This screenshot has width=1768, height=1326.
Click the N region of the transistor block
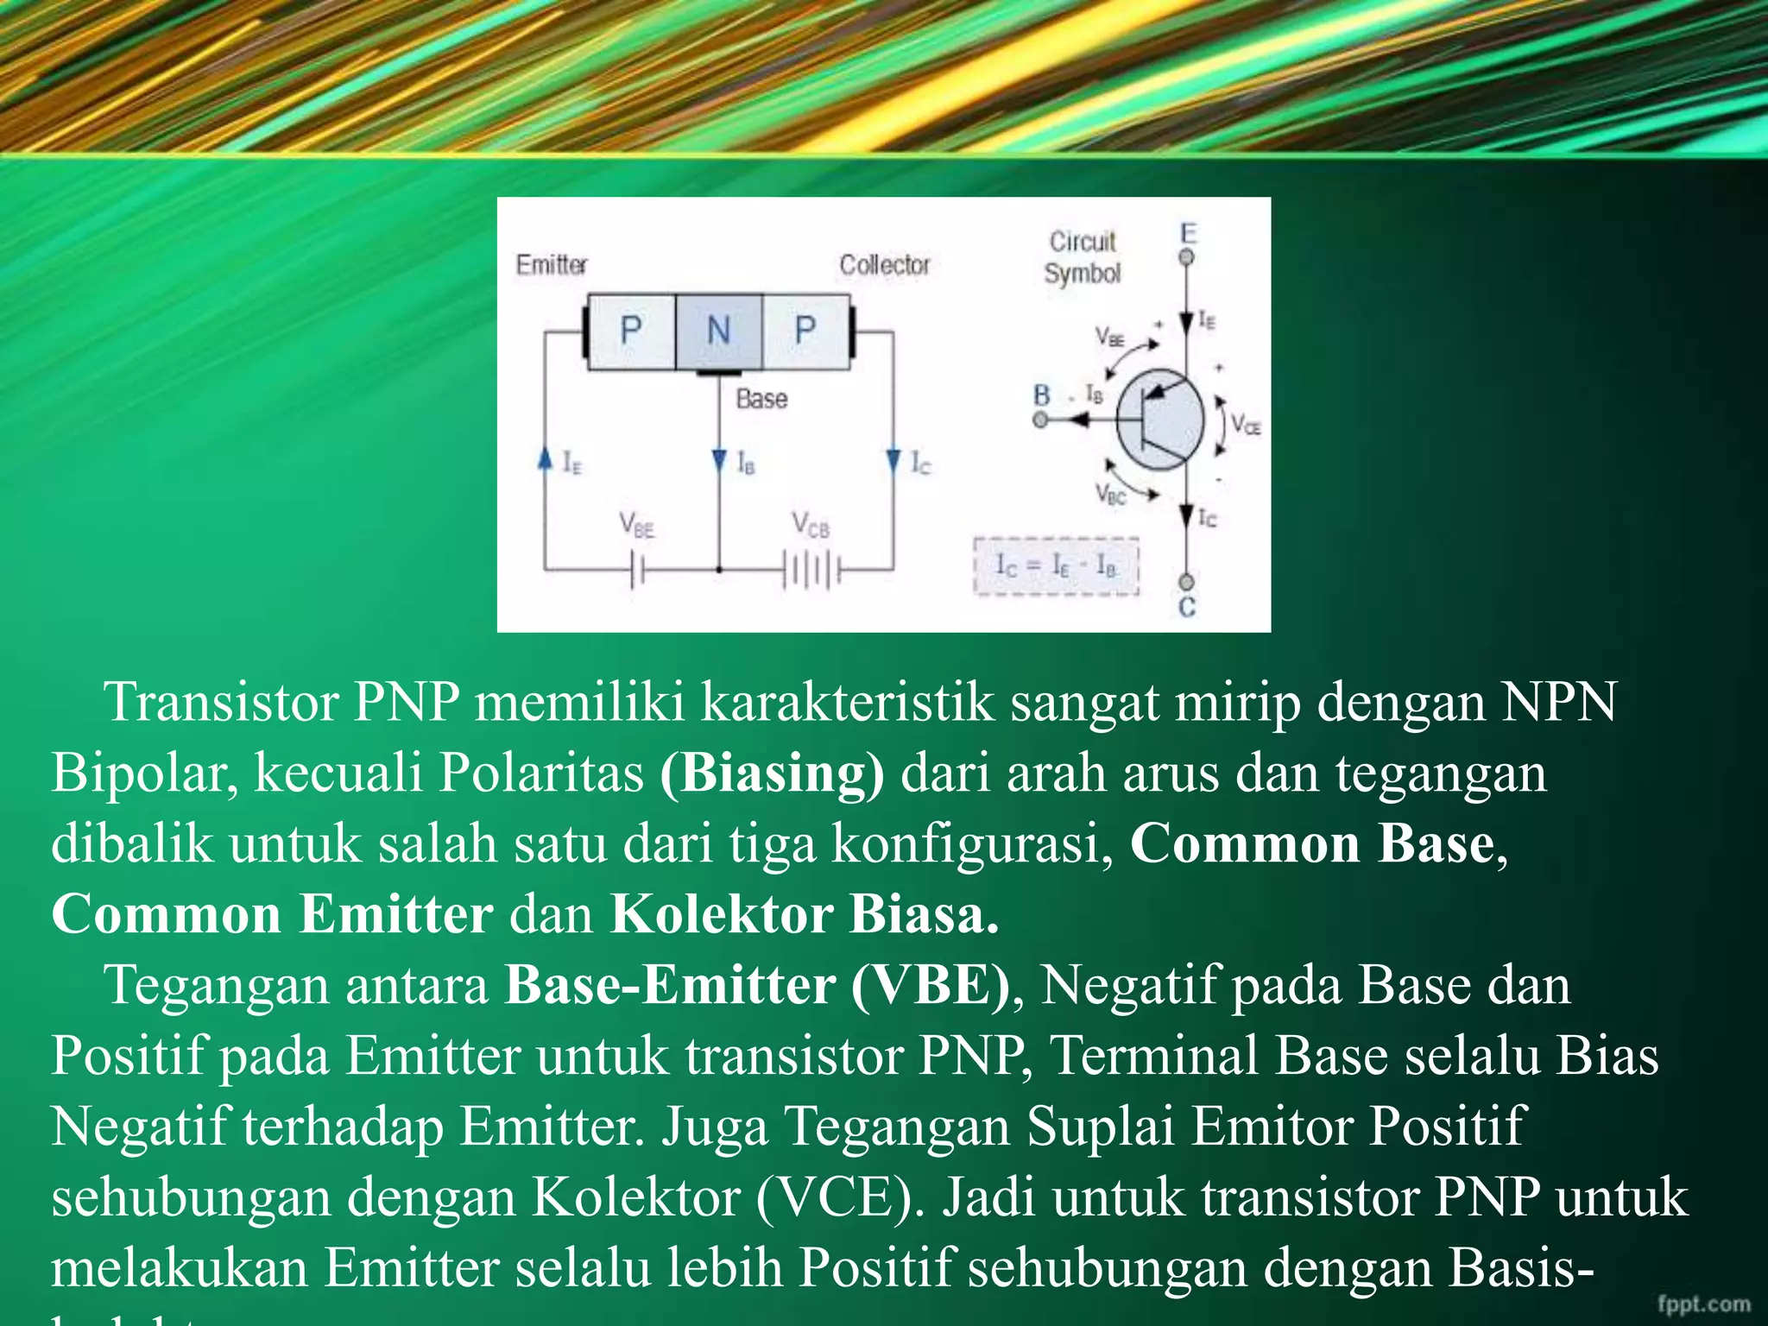tap(718, 331)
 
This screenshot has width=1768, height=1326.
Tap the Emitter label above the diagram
tap(551, 264)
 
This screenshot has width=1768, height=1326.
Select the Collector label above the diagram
tap(884, 264)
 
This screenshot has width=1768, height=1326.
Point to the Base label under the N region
tap(761, 399)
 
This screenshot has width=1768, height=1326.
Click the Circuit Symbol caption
tap(1082, 257)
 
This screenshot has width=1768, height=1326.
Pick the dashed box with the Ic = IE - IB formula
tap(1056, 566)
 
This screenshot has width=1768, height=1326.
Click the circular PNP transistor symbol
tap(1160, 420)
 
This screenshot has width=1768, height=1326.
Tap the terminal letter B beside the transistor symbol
tap(1042, 395)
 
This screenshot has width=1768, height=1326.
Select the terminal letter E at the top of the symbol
tap(1189, 233)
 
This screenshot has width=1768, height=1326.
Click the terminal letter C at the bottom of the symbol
tap(1187, 608)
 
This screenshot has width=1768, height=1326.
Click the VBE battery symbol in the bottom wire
tap(637, 571)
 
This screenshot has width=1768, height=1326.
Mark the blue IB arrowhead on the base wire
tap(719, 461)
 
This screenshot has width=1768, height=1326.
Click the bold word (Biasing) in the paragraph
tap(772, 773)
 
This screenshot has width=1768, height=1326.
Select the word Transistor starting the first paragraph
tap(221, 702)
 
